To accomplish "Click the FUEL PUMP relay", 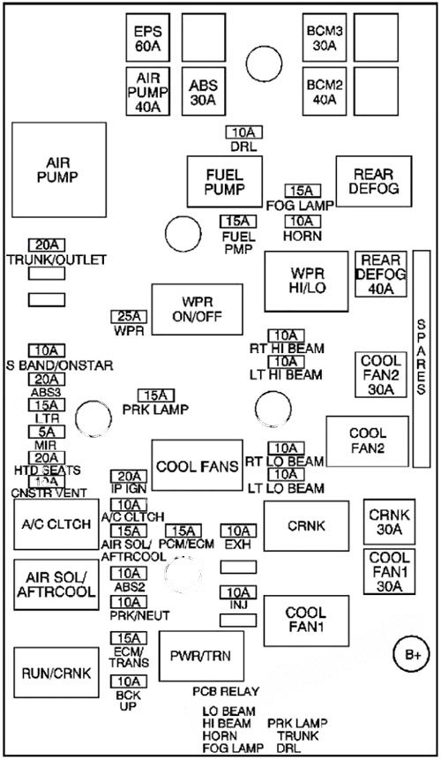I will click(213, 181).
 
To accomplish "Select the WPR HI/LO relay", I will click(306, 280).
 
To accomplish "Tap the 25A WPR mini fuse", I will click(129, 316).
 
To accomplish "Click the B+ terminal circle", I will click(412, 654).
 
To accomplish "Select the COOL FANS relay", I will click(196, 466).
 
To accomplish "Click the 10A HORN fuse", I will click(303, 221).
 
